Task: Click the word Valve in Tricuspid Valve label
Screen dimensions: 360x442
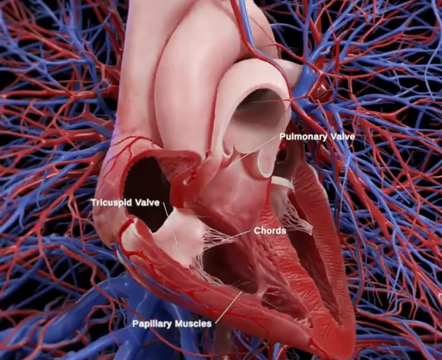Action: coord(148,202)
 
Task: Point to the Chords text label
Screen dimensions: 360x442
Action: coord(270,231)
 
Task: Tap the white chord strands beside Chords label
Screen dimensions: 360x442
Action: coord(216,236)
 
